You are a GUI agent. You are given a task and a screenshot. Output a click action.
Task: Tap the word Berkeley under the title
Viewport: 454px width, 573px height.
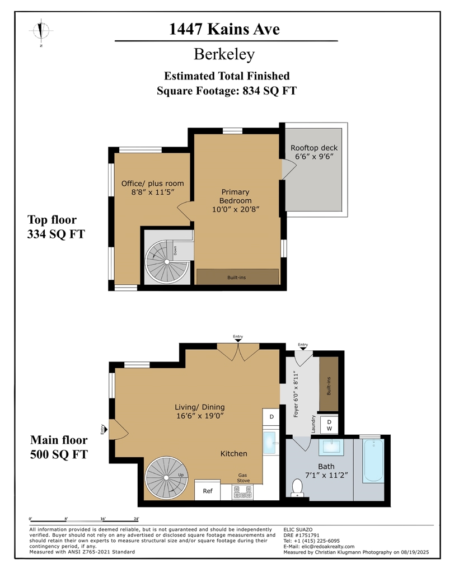(224, 54)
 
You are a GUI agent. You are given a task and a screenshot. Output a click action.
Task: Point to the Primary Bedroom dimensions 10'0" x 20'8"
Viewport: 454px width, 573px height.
(235, 209)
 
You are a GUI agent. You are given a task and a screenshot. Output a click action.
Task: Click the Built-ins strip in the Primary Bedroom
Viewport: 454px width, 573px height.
(237, 277)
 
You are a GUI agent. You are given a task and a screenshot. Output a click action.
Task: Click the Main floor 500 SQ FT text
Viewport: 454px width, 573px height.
(59, 447)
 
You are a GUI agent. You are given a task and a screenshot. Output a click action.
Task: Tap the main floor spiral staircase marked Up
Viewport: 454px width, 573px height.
(166, 477)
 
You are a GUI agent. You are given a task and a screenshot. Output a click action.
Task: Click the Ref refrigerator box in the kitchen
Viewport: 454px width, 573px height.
(208, 491)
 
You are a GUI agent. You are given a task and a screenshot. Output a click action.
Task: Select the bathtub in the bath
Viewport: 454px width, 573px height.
(373, 461)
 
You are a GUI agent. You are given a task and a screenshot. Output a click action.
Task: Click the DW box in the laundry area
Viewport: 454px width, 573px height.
(330, 425)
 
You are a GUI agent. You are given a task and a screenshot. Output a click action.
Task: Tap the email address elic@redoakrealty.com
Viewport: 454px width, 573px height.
(319, 547)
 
